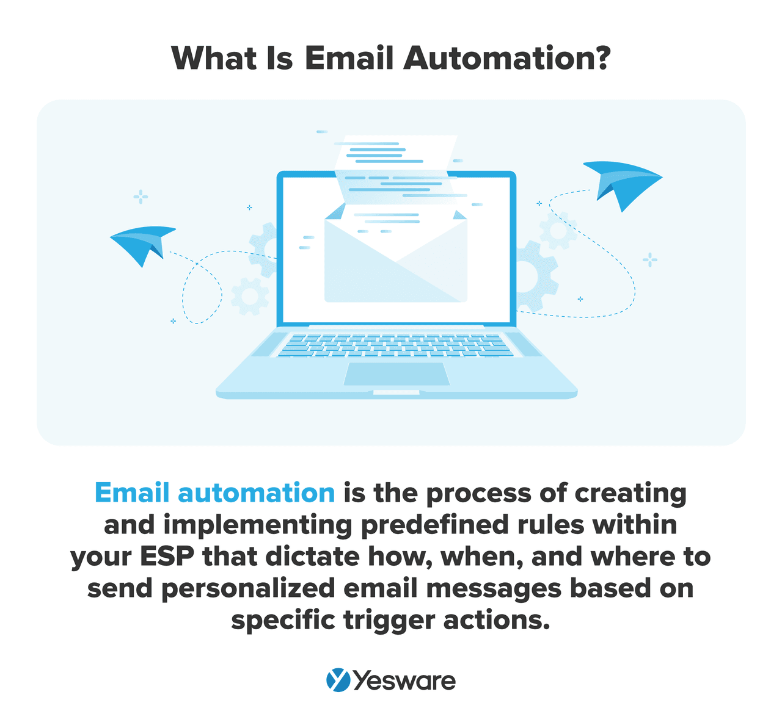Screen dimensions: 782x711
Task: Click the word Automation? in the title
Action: (506, 58)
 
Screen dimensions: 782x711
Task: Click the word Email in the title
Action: (349, 58)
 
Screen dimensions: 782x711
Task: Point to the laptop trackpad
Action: (396, 374)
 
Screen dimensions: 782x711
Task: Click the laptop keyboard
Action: (396, 345)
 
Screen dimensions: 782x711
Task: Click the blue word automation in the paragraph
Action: (256, 493)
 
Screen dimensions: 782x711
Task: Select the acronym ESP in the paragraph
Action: (167, 557)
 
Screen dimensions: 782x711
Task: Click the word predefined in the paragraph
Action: (435, 525)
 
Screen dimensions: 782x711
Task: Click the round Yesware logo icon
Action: (338, 680)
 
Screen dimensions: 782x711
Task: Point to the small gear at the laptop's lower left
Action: (250, 297)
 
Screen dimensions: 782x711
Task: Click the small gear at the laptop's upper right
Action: (558, 231)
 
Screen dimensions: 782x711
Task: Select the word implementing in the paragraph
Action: (257, 525)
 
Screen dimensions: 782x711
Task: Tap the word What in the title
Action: (214, 58)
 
